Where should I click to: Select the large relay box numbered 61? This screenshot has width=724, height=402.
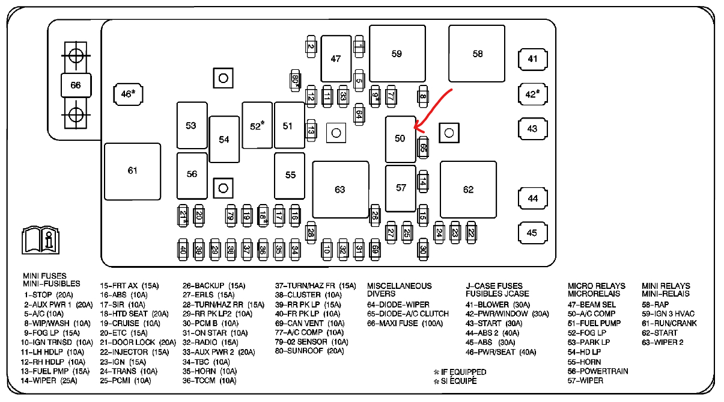coord(132,171)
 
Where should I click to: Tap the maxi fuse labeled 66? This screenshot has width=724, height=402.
coord(76,85)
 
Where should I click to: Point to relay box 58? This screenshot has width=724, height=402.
coord(478,54)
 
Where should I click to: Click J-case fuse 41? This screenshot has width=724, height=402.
coord(532,59)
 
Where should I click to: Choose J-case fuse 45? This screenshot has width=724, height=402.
coord(532,233)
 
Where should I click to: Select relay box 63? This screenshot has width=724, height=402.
coord(340,190)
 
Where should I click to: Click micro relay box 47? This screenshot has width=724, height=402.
coord(336,58)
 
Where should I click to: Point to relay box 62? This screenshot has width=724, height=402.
coord(468,190)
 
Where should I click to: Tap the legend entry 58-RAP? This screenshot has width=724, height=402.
coord(656,305)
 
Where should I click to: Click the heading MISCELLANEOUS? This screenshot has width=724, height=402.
coord(400,286)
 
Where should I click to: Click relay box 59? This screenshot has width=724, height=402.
coord(397,54)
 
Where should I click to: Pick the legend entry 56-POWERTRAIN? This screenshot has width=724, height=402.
coord(598,371)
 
